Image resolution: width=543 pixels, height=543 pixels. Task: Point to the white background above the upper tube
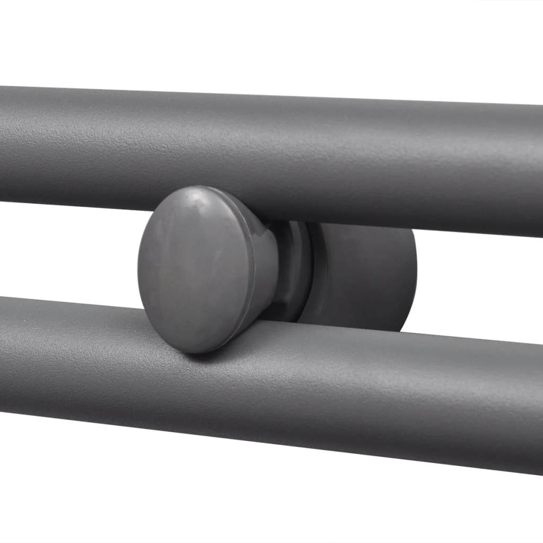click(265, 42)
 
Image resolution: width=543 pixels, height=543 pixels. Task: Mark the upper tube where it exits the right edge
click(536, 170)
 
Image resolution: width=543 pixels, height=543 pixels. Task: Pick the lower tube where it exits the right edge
click(536, 408)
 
